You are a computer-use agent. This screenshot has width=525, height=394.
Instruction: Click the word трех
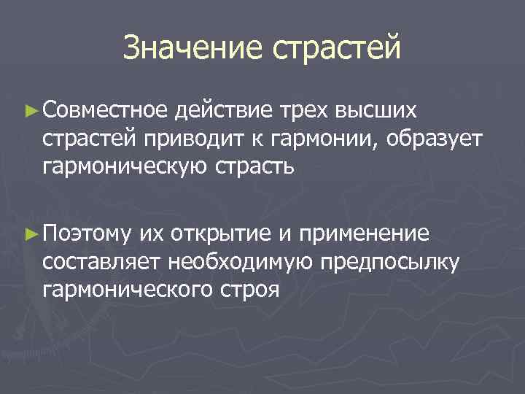click(x=303, y=111)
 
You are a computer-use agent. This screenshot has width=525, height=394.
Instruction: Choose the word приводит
click(x=185, y=139)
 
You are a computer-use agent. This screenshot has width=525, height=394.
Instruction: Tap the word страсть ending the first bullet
click(x=252, y=167)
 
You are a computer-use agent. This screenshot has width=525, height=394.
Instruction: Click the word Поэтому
click(x=87, y=233)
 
